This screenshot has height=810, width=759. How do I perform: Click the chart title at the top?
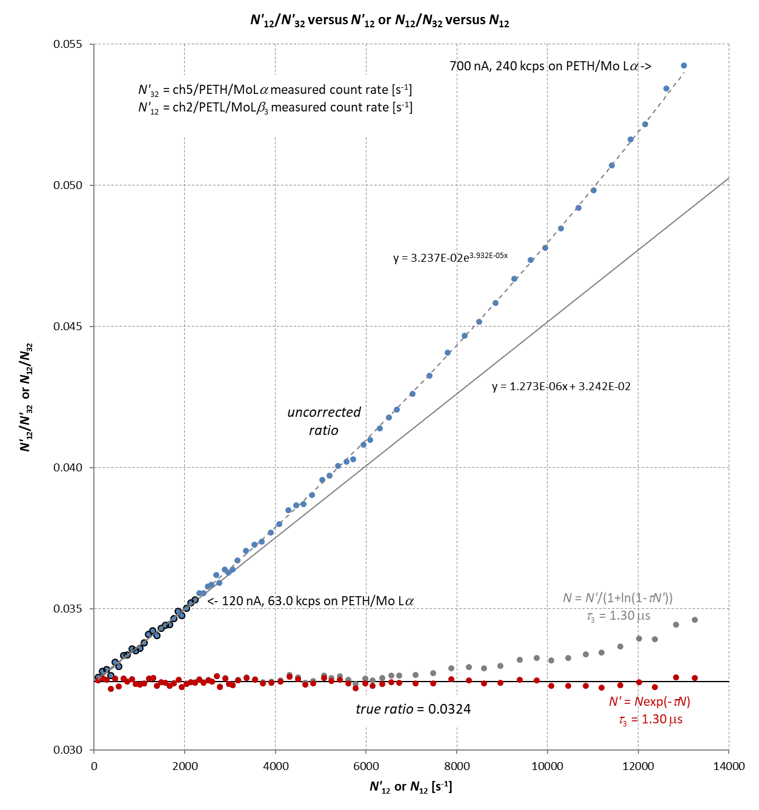380,20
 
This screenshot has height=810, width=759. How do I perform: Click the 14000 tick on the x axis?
729,766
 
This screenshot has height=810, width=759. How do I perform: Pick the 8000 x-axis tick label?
457,766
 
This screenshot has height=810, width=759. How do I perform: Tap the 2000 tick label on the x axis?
185,766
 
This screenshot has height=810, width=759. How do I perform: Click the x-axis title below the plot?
411,787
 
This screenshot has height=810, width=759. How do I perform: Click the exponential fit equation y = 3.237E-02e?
450,257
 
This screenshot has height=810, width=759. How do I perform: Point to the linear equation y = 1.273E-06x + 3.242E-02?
561,387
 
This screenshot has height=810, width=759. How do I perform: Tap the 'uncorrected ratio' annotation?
324,421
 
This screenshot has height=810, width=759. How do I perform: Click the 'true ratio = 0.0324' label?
413,709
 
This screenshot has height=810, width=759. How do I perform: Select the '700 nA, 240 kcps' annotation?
550,66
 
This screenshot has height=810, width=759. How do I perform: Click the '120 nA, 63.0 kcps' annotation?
311,601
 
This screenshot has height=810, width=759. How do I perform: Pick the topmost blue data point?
684,65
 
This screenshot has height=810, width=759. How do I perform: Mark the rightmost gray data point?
695,620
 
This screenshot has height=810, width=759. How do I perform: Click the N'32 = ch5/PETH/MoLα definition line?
275,90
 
